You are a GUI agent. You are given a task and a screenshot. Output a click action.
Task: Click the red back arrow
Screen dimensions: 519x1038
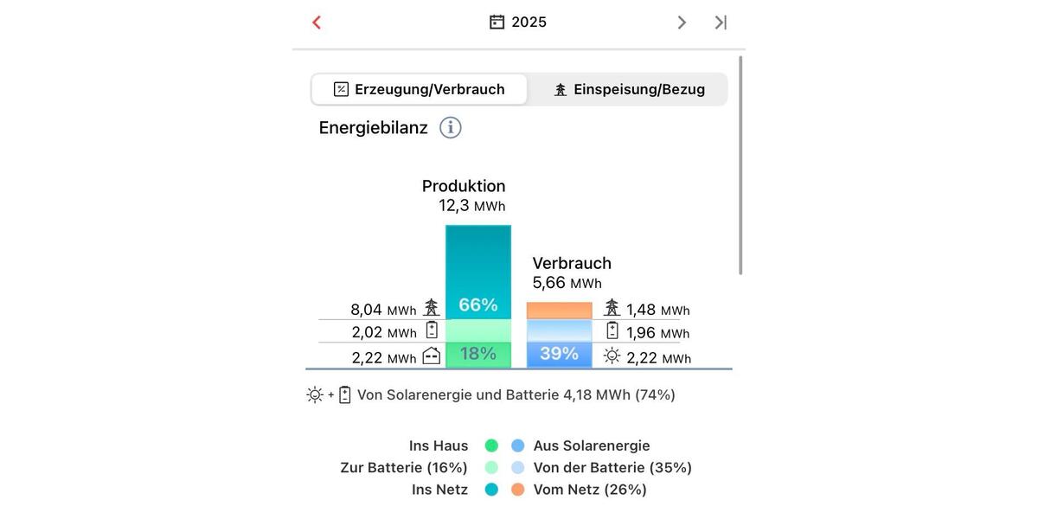(x=317, y=22)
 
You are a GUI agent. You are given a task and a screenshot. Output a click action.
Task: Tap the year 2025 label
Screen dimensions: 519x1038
(x=529, y=22)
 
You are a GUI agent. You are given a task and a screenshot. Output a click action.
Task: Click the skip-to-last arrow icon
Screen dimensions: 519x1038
(x=721, y=22)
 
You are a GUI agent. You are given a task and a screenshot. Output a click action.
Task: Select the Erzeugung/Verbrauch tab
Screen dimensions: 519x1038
(x=420, y=89)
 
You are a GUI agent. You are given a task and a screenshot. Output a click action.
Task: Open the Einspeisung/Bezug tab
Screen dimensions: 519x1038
(x=629, y=89)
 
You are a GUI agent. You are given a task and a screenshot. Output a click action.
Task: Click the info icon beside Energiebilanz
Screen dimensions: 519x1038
(x=451, y=128)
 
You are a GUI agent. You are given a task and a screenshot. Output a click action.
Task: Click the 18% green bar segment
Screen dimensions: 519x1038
(x=478, y=354)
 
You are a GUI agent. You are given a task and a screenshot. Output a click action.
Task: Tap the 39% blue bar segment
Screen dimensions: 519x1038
(x=560, y=354)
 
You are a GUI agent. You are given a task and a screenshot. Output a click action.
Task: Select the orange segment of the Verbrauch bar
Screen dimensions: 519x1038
(x=560, y=311)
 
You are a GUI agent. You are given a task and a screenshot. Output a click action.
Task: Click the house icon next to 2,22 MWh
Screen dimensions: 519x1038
(x=432, y=356)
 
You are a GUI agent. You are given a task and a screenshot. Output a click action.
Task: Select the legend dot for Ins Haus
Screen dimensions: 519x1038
(x=491, y=445)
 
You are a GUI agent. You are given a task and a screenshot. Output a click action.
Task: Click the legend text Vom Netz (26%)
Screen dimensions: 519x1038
(x=590, y=490)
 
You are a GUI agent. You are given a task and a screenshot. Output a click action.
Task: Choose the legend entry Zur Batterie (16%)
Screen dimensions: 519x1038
(x=404, y=468)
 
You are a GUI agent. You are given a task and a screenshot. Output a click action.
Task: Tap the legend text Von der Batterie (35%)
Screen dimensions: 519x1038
(x=612, y=468)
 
